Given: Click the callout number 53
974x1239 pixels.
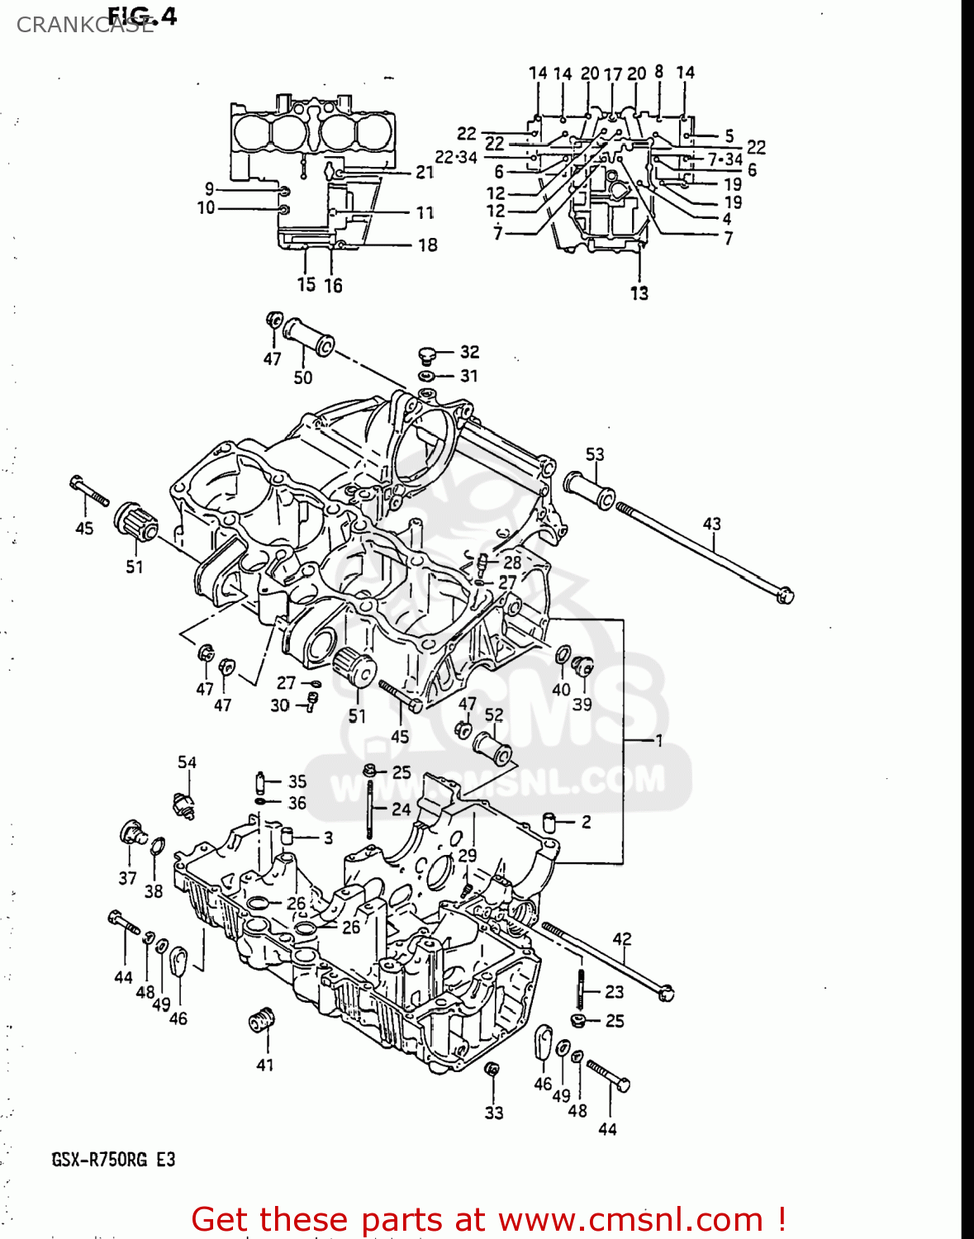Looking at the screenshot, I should [x=595, y=454].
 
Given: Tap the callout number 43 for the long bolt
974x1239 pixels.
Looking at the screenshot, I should [x=711, y=524].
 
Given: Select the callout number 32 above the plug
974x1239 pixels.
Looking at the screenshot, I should [x=469, y=352].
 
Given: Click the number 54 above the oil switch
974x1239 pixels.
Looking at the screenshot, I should [x=187, y=762].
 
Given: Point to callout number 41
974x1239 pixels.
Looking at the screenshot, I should [x=264, y=1065].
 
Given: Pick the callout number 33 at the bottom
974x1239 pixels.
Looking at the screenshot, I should [x=493, y=1113].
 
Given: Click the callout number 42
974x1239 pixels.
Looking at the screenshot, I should [x=621, y=939].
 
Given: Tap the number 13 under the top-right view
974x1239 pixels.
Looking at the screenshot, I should [x=639, y=293].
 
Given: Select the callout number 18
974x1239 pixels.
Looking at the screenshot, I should [x=427, y=245].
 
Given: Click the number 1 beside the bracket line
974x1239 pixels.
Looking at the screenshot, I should [x=659, y=740].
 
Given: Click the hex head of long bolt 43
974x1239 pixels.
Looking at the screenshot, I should [x=785, y=594].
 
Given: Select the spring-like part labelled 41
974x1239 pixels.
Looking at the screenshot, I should [x=261, y=1020].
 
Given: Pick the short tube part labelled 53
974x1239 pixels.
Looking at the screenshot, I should [x=589, y=491].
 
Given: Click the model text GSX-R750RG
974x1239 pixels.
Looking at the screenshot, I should [x=99, y=1160].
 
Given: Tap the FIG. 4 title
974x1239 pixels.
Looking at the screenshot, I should [x=142, y=16].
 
